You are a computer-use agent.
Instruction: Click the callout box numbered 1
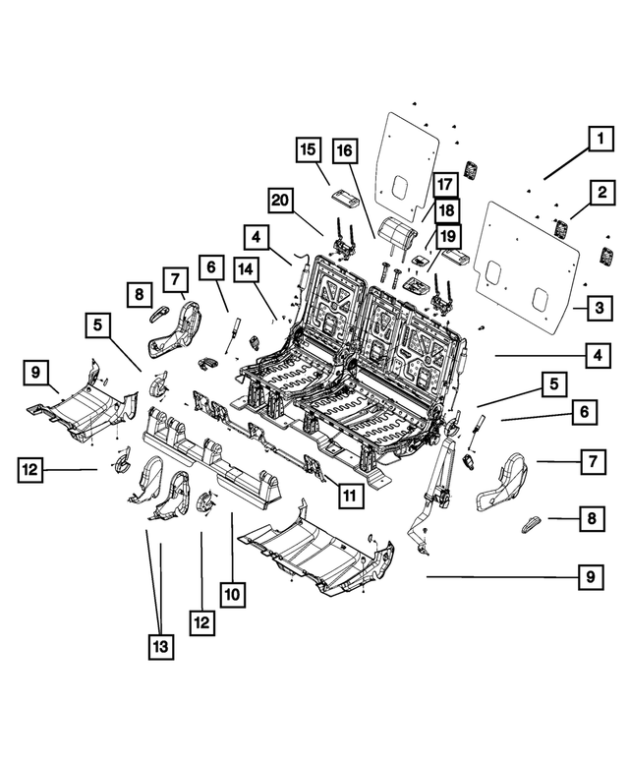[x=596, y=140]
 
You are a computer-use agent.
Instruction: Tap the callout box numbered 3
[x=596, y=309]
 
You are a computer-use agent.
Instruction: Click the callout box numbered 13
[x=160, y=646]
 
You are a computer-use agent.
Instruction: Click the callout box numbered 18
[x=446, y=209]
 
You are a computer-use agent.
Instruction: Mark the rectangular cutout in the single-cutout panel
[x=403, y=186]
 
